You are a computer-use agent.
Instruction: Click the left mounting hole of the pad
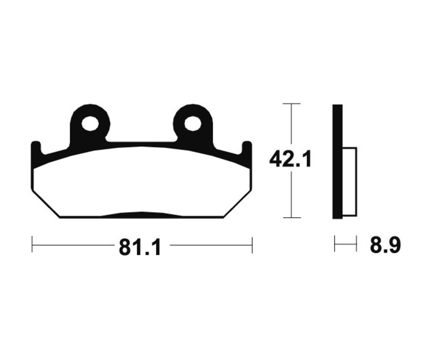(x=90, y=124)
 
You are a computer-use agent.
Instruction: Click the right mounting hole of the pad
(x=193, y=124)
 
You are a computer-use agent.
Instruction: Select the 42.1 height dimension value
(x=290, y=159)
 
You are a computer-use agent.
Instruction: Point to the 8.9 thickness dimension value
(x=385, y=245)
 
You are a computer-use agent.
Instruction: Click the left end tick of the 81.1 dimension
(x=32, y=244)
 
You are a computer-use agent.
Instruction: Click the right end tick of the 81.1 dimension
(x=252, y=244)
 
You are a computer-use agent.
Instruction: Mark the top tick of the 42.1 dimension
(x=291, y=103)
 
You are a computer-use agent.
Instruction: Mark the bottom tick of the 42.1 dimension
(x=291, y=218)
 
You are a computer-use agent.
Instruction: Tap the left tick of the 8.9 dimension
(x=335, y=244)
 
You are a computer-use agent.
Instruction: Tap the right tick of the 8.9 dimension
(x=357, y=244)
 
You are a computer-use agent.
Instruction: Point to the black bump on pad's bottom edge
(x=140, y=215)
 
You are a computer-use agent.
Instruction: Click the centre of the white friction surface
(x=141, y=182)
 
